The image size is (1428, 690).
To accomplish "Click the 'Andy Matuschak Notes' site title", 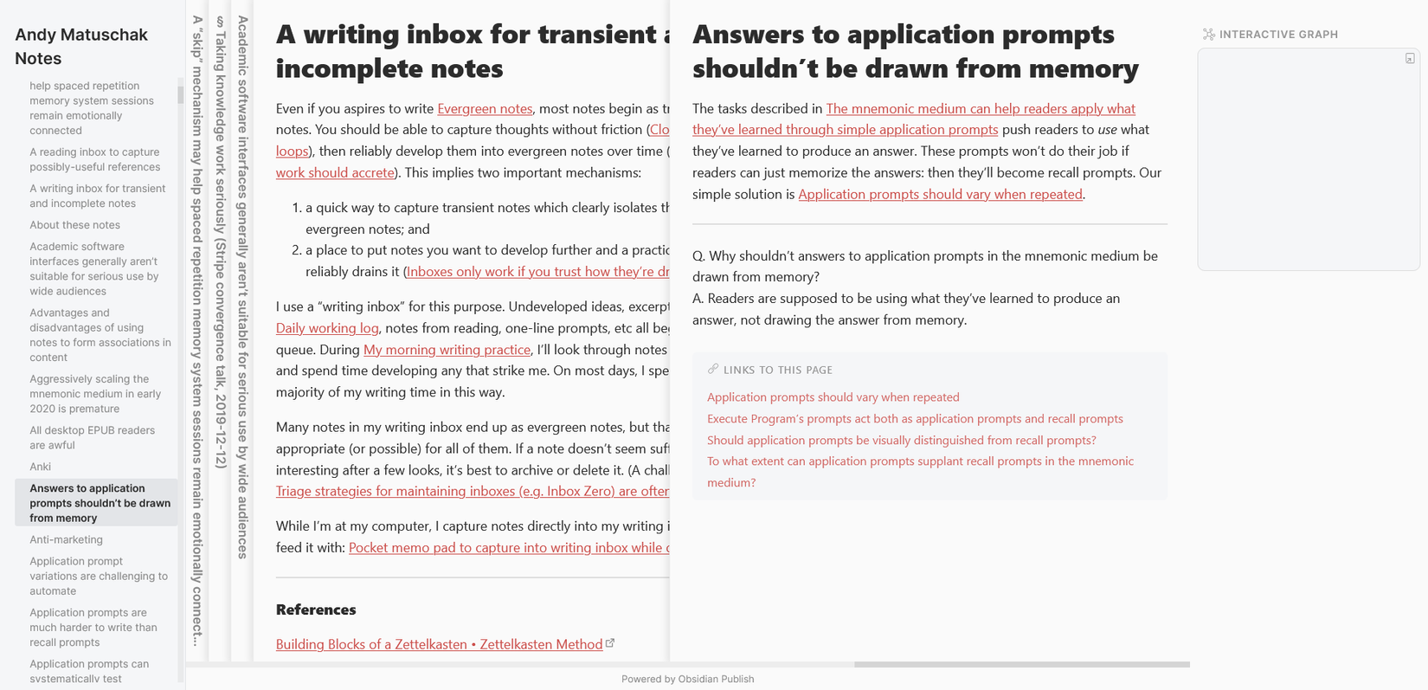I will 81,47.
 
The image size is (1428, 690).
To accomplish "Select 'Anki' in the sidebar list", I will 41,467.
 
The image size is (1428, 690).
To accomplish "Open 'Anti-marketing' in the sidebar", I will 66,539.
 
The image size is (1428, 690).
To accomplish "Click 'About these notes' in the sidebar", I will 74,225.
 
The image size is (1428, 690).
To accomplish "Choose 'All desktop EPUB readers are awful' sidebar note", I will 92,437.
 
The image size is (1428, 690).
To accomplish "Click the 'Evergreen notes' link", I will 485,109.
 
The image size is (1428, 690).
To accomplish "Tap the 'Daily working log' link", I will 327,328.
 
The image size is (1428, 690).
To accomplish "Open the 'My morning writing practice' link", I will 447,350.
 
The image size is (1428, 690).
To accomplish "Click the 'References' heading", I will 316,609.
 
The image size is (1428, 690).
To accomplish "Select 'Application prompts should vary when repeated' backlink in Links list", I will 833,397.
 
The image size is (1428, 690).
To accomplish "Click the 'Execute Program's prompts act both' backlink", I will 915,419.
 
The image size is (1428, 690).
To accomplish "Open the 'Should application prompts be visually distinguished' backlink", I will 901,440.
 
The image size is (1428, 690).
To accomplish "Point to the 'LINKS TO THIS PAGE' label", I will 777,370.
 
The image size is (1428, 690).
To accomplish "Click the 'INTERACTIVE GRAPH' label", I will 1277,35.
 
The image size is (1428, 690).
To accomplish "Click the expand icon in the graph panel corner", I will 1410,59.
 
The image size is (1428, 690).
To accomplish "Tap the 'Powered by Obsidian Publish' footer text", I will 687,679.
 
